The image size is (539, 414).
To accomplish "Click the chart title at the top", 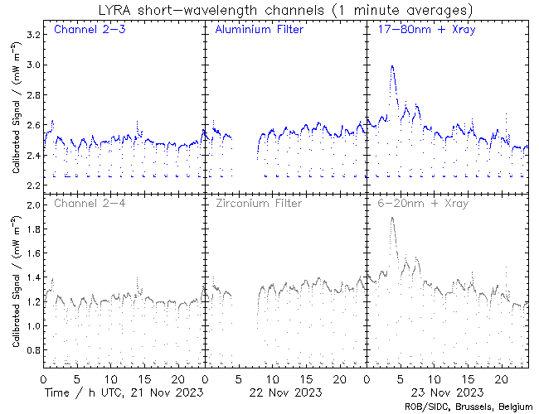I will (283, 11).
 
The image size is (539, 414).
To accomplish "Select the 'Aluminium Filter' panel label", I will (259, 31).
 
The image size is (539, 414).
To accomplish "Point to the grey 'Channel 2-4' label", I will (86, 203).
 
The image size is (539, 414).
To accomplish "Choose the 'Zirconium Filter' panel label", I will (258, 203).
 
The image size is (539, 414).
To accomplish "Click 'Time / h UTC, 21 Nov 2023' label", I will (124, 392).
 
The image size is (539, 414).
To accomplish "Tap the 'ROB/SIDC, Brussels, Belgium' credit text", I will (468, 407).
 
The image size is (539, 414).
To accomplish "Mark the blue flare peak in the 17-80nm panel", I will (391, 66).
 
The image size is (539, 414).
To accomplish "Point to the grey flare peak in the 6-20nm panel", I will (391, 218).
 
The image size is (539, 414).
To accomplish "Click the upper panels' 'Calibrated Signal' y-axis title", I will (16, 111).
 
